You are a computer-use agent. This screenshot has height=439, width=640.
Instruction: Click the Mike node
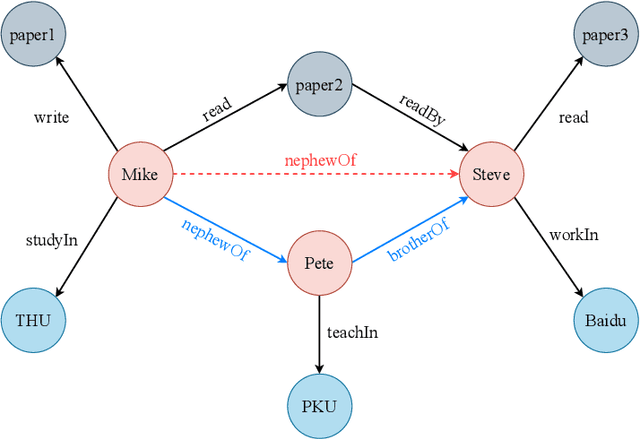click(139, 175)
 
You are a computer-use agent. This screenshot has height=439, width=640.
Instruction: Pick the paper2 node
click(318, 85)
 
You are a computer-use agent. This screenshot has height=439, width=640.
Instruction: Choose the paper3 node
click(605, 36)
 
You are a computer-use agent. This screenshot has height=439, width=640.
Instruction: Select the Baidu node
click(605, 320)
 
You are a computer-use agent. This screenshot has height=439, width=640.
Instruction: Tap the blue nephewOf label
click(214, 241)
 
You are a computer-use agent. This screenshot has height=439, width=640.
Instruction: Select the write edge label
click(51, 118)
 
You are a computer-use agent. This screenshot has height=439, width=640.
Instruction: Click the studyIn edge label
click(51, 241)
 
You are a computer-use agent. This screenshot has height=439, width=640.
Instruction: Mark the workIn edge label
click(574, 236)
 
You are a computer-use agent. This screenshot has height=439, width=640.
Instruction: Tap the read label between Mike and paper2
click(217, 109)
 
